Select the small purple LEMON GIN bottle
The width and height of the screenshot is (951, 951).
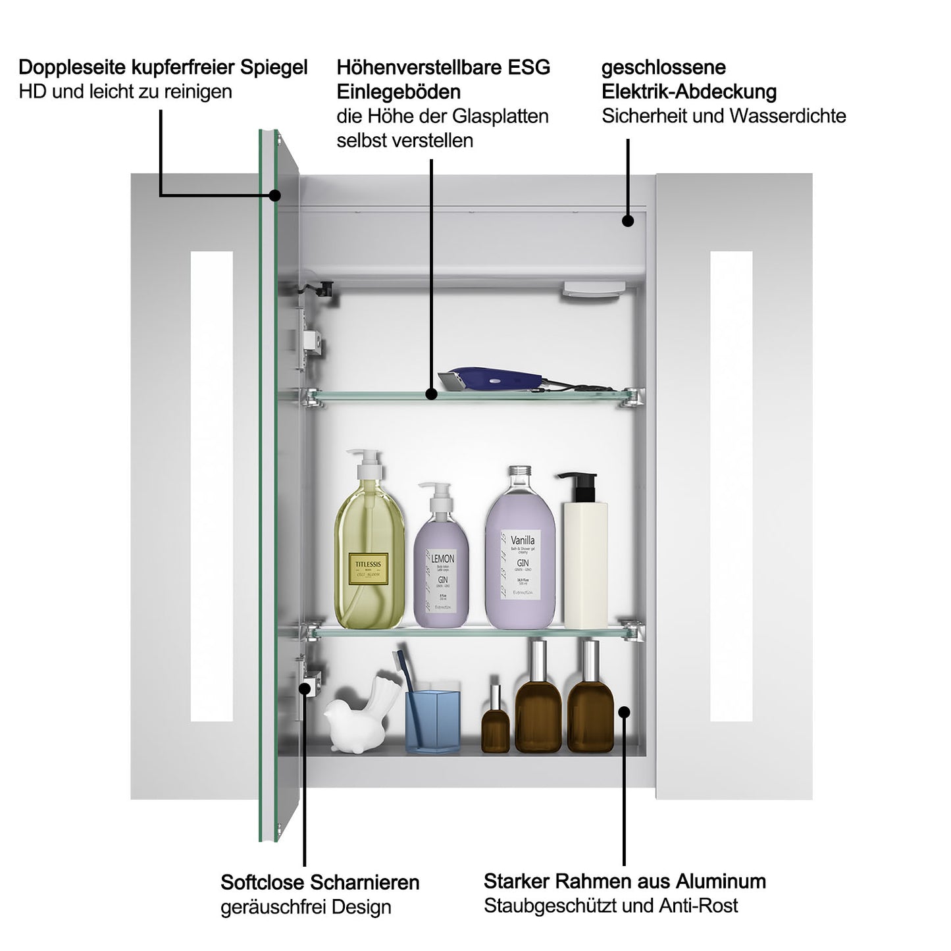coord(441,566)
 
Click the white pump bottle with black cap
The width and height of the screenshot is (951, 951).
coord(584,559)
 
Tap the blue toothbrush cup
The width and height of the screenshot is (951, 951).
coord(432,721)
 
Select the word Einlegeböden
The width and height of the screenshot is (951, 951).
coord(398,91)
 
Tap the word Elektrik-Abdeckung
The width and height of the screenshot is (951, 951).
coord(688,91)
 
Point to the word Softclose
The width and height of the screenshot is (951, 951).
coord(263,882)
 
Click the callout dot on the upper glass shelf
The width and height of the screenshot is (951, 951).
coord(431,394)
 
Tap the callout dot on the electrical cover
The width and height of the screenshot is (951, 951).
coord(628,221)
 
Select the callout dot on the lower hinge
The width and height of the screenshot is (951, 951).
coord(305,688)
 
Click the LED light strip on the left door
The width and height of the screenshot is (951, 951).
coord(212,486)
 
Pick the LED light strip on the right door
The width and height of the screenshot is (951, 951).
coord(731,486)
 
